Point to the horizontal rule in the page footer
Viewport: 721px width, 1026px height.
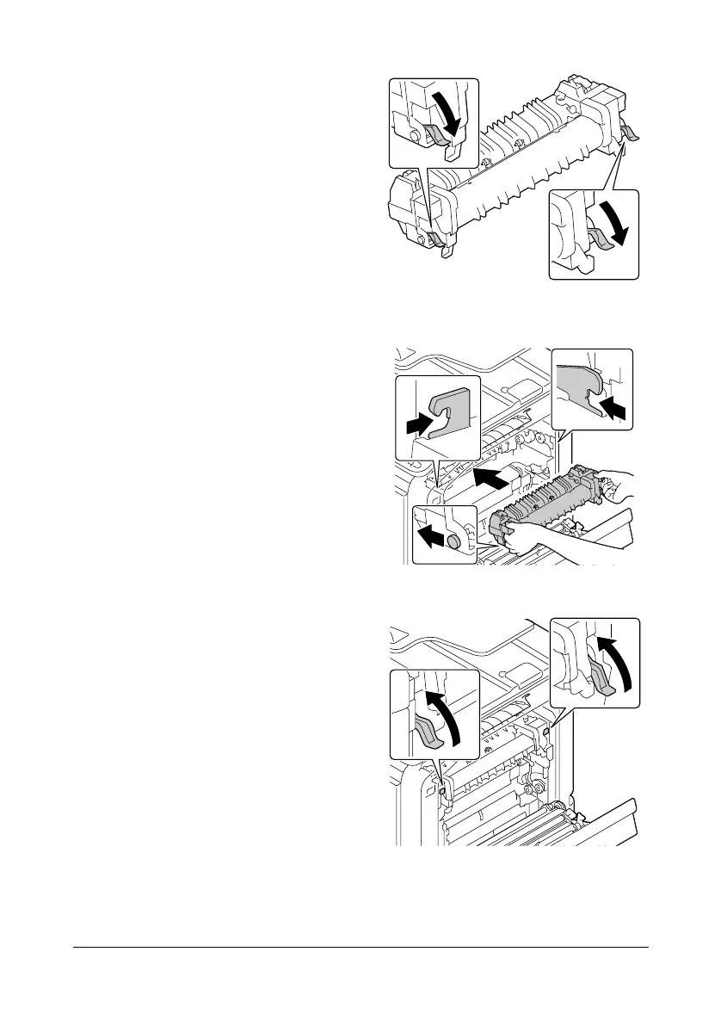[x=360, y=949]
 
